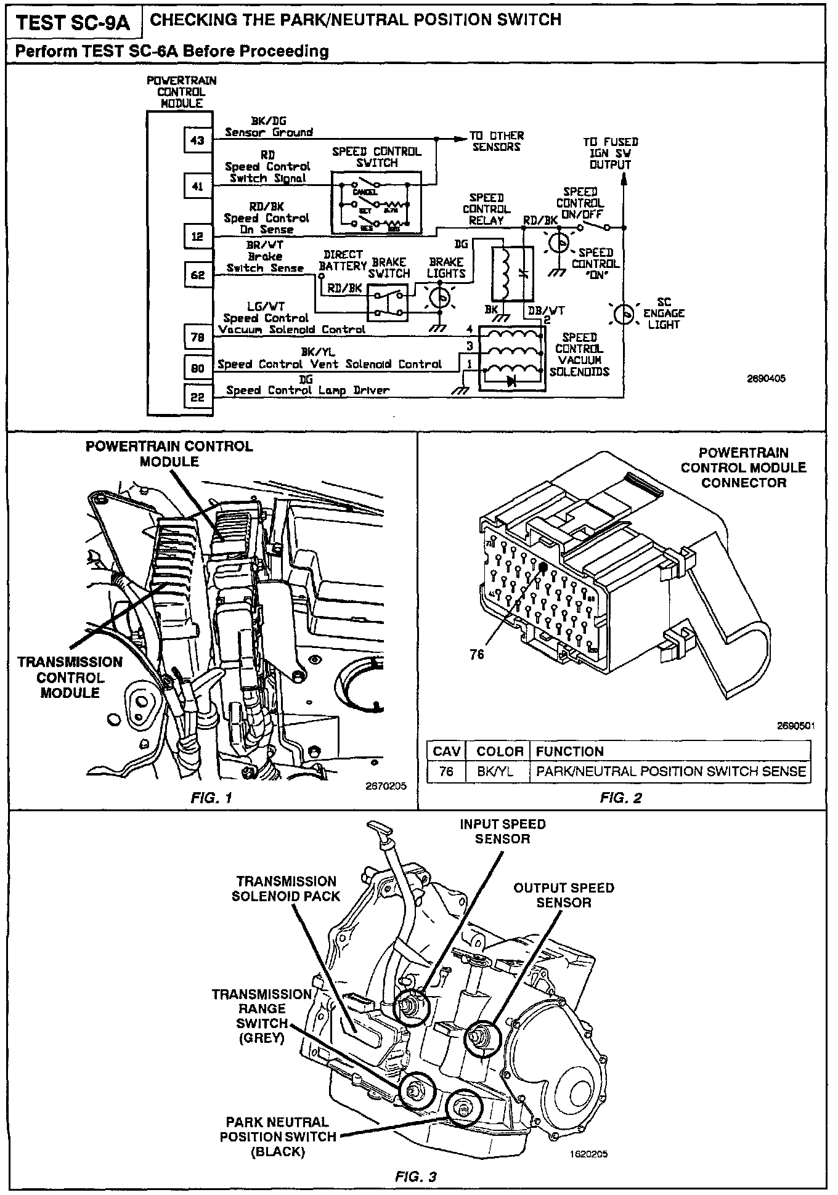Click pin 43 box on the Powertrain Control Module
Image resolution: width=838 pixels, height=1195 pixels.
click(197, 140)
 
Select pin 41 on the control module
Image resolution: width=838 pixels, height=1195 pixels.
click(197, 185)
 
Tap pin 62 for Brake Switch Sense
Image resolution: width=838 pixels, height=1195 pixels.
click(197, 275)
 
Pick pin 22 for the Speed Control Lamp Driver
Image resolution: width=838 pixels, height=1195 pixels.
click(197, 397)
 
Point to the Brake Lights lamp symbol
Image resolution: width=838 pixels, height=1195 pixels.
click(439, 298)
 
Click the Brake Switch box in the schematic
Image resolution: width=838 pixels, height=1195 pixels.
click(388, 302)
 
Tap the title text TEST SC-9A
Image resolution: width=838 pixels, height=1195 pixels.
click(73, 23)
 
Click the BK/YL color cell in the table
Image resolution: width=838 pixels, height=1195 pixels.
click(495, 771)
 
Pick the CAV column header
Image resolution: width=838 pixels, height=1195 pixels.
click(447, 751)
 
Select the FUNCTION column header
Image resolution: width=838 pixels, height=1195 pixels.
click(569, 751)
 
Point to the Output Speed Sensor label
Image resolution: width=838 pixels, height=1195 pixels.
click(563, 895)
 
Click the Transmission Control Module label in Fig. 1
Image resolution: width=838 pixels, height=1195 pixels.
click(70, 678)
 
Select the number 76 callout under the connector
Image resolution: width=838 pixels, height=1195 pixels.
click(477, 655)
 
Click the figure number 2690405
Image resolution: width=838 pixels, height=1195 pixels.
click(765, 379)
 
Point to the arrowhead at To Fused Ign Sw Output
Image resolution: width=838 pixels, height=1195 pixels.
click(624, 179)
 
